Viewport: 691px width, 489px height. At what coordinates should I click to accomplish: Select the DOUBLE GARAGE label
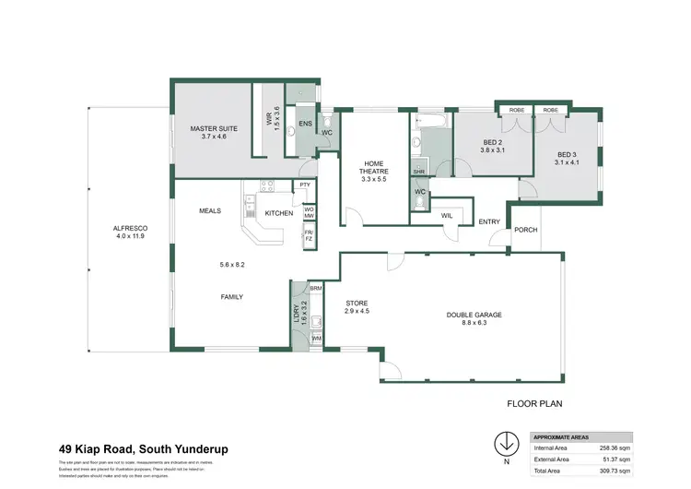tap(474, 315)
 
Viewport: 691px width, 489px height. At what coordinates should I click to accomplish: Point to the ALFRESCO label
tap(131, 227)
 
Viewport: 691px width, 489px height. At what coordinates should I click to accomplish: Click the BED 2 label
tap(493, 143)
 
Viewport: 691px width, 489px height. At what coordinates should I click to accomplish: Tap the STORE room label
tap(357, 302)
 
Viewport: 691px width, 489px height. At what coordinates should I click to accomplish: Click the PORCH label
tap(526, 230)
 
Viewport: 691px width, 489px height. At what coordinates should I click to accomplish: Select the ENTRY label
tap(489, 221)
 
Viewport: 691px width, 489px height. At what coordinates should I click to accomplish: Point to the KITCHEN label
tap(278, 213)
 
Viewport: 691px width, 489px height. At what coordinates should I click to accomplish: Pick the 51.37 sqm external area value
tap(615, 459)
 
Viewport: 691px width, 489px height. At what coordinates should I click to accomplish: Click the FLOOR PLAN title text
tap(535, 403)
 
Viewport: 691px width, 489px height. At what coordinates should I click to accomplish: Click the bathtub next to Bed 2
tap(431, 121)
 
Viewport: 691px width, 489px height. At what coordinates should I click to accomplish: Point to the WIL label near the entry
tap(447, 215)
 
